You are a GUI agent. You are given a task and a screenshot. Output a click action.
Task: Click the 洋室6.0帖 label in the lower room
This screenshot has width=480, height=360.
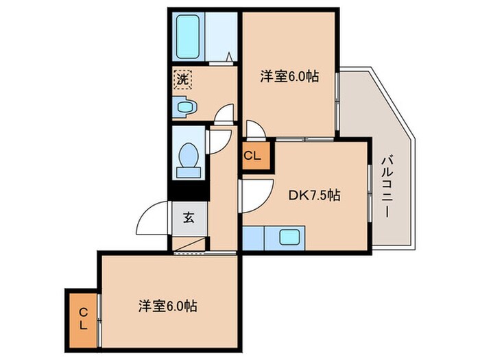click(169, 306)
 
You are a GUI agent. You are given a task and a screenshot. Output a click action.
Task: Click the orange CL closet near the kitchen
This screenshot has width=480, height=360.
click(252, 156)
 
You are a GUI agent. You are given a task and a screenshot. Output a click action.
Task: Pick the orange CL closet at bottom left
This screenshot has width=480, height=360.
click(82, 319)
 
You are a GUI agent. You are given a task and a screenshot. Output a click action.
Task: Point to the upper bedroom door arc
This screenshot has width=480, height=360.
click(253, 128)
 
